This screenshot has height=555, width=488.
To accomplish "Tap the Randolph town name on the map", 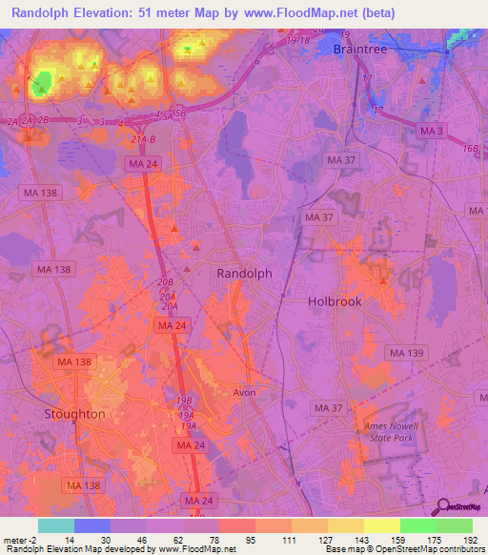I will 245,273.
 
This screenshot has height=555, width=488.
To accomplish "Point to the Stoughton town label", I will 75,414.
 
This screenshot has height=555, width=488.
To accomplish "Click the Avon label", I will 245,392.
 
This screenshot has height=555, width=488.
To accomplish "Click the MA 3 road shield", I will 432,131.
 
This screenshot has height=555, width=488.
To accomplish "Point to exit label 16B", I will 471,149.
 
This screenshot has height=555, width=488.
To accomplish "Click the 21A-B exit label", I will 143,139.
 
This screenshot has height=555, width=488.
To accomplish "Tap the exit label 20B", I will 165,283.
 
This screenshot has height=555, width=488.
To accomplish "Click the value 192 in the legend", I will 470,540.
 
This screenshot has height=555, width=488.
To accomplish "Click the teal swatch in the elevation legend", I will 55,525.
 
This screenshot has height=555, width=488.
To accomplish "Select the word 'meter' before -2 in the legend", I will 16,540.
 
